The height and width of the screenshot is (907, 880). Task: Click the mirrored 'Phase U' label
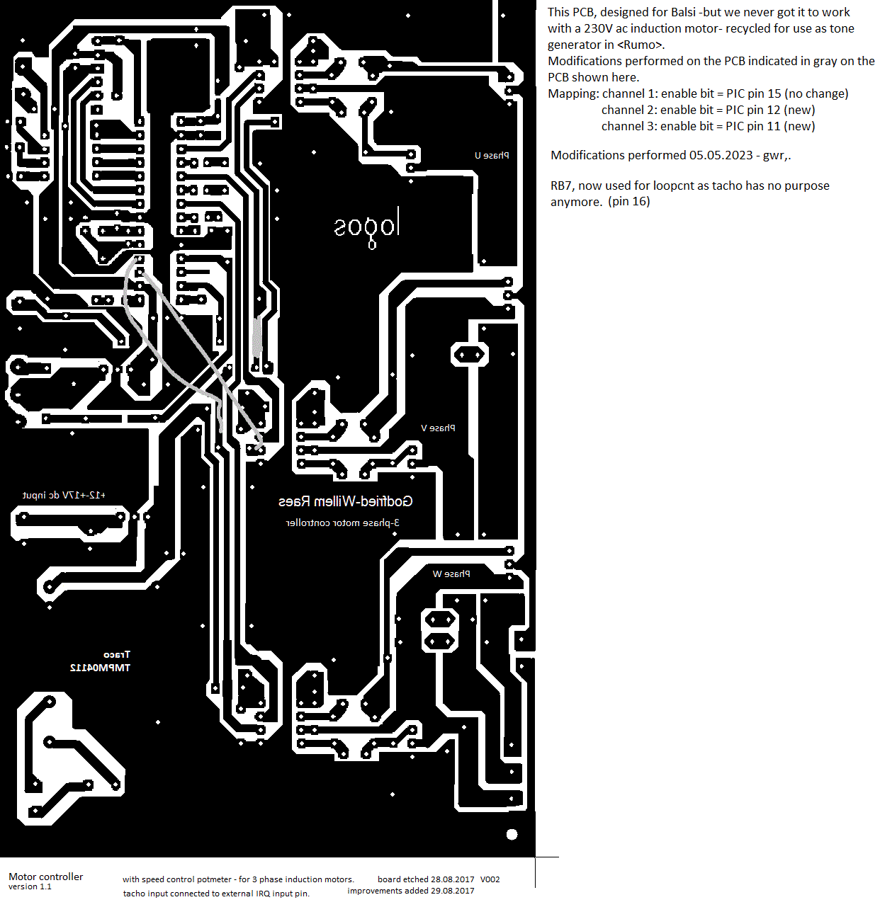coord(492,156)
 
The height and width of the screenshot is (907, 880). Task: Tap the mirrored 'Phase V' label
coord(438,428)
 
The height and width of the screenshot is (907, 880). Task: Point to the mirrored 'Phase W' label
coord(451,574)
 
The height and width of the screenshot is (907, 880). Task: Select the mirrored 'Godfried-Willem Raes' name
coord(345,502)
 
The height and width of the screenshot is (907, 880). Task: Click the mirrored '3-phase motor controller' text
coord(342,523)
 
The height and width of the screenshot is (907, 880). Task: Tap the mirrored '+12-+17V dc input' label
coord(64,496)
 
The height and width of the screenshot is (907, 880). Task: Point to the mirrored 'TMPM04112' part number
coord(100,668)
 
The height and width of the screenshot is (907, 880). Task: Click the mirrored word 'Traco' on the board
coord(117,655)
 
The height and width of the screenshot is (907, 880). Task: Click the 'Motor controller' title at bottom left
coord(46,877)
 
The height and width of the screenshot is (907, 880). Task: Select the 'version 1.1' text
coord(30,887)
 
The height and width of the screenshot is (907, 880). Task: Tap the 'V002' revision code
coord(490,879)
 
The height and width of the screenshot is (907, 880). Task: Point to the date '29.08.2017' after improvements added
coord(453,891)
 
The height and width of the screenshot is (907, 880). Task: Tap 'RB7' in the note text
coord(562,186)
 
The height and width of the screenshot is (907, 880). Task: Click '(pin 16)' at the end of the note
coord(628,202)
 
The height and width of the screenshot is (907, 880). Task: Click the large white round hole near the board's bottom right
coord(512,835)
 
